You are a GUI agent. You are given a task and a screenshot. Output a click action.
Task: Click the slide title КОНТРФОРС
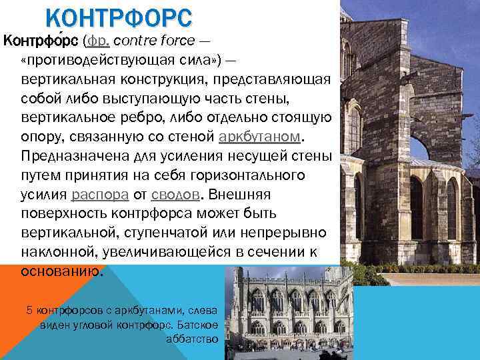click(119, 16)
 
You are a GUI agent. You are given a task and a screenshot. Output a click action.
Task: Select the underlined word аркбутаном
click(260, 137)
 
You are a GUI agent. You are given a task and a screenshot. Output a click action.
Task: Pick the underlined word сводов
click(175, 195)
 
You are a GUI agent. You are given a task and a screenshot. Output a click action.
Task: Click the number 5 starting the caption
click(29, 310)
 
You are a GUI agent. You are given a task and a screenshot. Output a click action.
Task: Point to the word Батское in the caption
click(203, 325)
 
